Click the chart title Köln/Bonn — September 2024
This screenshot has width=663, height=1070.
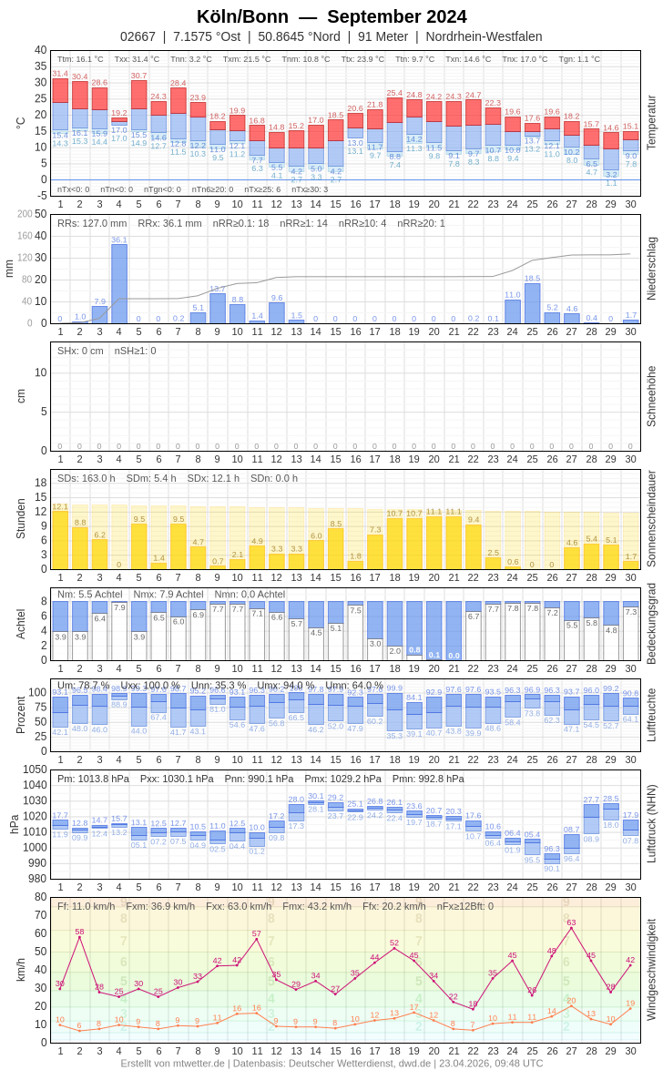(331, 16)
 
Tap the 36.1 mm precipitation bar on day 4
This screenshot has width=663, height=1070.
(119, 283)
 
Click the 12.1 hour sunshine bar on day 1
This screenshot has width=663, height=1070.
(60, 539)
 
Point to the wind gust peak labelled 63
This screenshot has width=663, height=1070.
(571, 928)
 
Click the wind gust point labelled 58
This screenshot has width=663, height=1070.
(79, 937)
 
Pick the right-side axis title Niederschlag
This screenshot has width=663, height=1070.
(651, 269)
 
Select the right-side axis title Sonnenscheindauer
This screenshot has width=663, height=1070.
(651, 519)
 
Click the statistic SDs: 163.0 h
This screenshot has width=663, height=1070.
(87, 478)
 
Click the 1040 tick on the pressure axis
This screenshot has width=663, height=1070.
(35, 784)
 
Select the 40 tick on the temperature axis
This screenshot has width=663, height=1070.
(40, 50)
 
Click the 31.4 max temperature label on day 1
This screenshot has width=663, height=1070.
(60, 74)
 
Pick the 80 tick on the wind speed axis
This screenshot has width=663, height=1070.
(40, 896)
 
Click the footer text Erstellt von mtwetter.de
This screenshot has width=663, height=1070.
(173, 1063)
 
